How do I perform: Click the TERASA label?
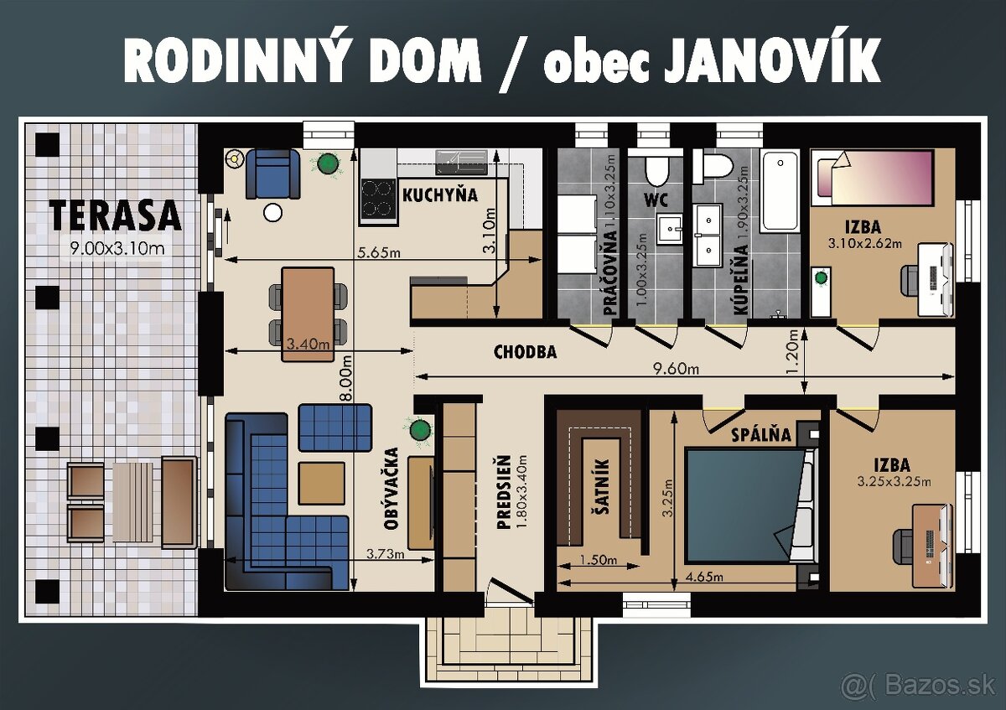point(115,216)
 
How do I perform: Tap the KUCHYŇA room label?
point(439,195)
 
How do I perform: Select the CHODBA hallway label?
point(525,352)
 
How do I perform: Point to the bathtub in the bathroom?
point(781,190)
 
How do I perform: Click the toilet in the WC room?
point(656,171)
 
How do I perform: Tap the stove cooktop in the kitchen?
point(378,198)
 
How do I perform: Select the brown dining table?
point(308,314)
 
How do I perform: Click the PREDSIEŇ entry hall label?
point(504,493)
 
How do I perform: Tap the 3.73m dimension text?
point(386,554)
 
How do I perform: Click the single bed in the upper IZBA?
point(872,178)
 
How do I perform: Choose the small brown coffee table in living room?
point(321,483)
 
